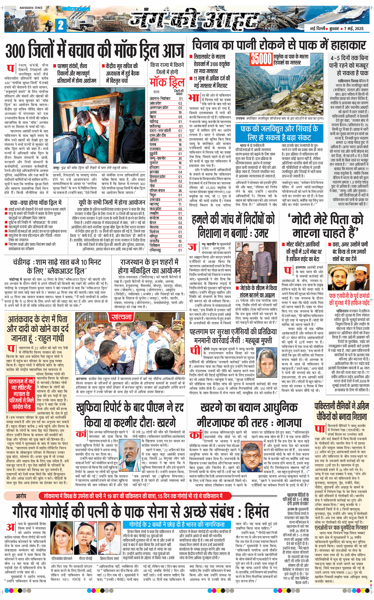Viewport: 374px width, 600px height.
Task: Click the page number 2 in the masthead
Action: pyautogui.click(x=61, y=25)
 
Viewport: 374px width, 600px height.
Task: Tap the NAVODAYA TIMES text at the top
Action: pyautogui.click(x=31, y=8)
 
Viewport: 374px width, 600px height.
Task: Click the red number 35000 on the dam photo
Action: pyautogui.click(x=261, y=59)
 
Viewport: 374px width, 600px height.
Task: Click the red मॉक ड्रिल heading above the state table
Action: pyautogui.click(x=167, y=82)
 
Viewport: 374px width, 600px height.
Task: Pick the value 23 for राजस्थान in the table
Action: pyautogui.click(x=180, y=149)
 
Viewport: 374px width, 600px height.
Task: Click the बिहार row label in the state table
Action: pyautogui.click(x=153, y=117)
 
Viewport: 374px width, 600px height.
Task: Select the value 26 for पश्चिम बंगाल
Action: pyautogui.click(x=180, y=191)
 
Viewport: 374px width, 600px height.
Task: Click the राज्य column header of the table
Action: pyautogui.click(x=156, y=92)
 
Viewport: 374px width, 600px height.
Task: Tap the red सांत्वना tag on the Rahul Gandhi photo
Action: pyautogui.click(x=121, y=317)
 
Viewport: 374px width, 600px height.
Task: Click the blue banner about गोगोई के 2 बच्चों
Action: pyautogui.click(x=177, y=524)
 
